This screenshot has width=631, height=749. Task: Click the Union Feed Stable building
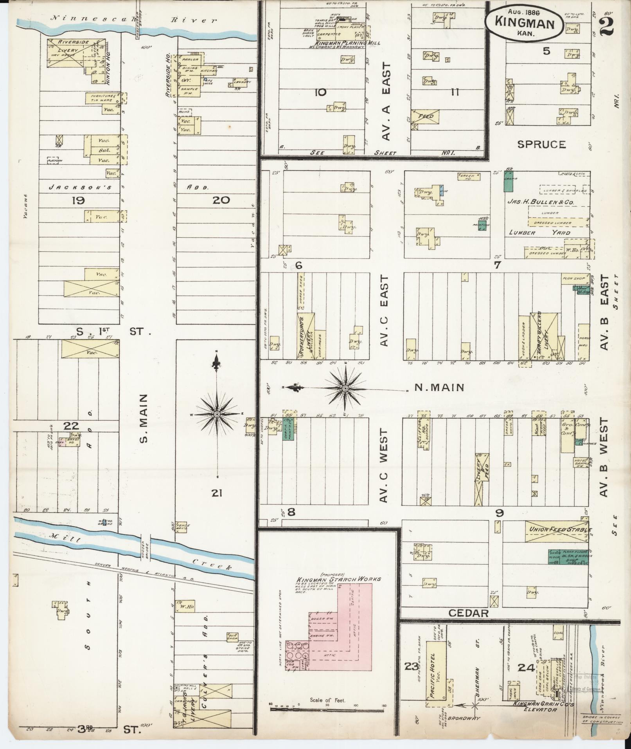tap(555, 531)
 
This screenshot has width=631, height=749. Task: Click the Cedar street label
tap(469, 613)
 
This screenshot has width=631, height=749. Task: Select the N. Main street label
tap(439, 388)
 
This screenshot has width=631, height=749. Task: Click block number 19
tap(78, 201)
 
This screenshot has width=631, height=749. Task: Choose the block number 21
tap(217, 493)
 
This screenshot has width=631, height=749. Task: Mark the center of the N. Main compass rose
tap(345, 388)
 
